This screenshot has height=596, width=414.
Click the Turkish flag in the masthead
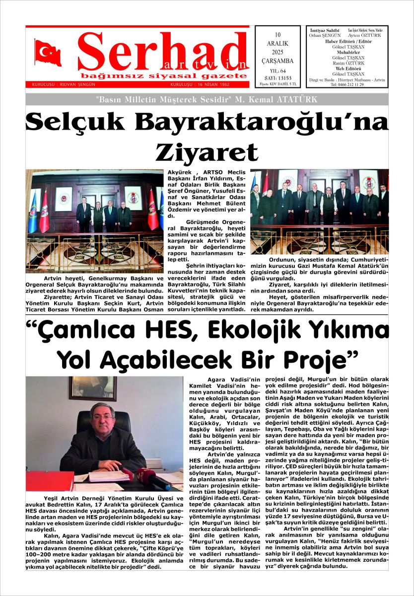tap(48, 52)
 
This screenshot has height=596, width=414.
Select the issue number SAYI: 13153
tap(277, 78)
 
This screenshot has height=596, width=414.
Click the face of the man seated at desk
tap(103, 416)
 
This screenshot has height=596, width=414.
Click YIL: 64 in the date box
tap(277, 71)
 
